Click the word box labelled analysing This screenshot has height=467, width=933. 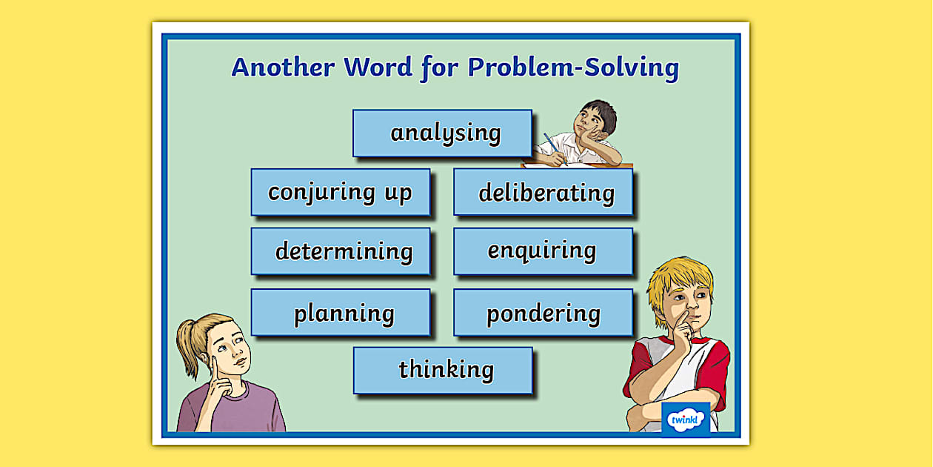click(442, 133)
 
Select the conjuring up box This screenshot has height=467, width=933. click(341, 193)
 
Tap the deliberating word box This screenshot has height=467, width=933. click(544, 193)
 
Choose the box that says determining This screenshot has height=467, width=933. click(341, 251)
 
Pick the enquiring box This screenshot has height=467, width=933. click(544, 251)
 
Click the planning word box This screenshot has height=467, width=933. click(341, 313)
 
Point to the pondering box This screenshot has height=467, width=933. click(544, 313)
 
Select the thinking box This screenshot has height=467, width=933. click(443, 370)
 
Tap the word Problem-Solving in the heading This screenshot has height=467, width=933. click(573, 67)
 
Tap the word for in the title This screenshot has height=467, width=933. click(441, 67)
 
